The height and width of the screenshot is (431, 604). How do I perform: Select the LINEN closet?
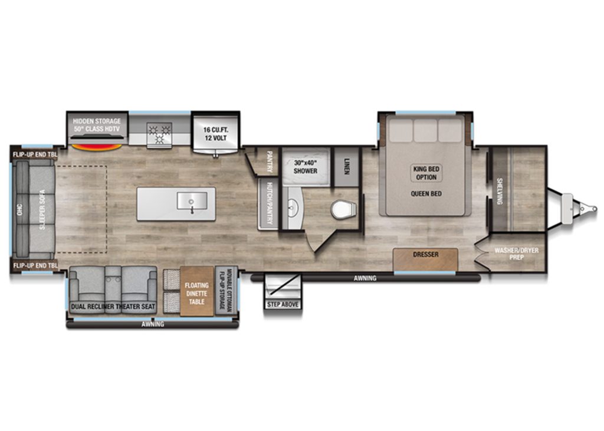tap(347, 163)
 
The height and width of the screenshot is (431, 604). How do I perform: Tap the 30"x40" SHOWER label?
tap(305, 167)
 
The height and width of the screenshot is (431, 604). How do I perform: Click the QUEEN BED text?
tap(425, 193)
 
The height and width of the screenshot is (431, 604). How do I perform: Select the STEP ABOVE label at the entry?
tap(283, 304)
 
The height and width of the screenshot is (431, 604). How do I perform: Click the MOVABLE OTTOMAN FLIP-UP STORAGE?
tap(225, 291)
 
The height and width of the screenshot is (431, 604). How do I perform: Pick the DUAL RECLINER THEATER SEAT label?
tap(113, 307)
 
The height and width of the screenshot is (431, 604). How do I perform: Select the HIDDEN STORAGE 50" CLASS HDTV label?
tap(97, 125)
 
